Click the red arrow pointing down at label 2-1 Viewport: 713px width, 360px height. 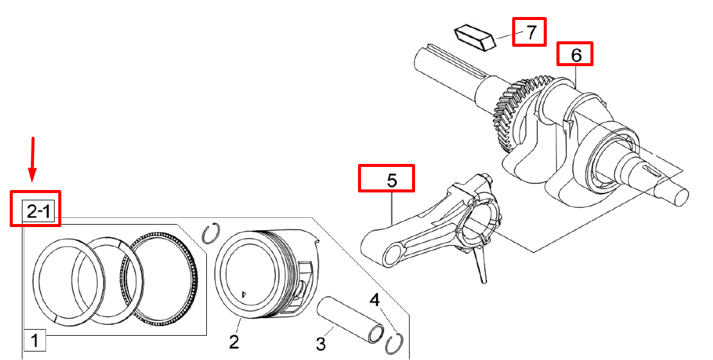pyautogui.click(x=32, y=159)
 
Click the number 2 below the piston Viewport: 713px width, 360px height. pyautogui.click(x=234, y=341)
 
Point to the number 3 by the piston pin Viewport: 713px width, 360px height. pyautogui.click(x=321, y=344)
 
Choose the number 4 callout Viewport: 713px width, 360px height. pyautogui.click(x=374, y=300)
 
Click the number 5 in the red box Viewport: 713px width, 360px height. pyautogui.click(x=392, y=180)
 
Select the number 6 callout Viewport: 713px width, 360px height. pyautogui.click(x=576, y=55)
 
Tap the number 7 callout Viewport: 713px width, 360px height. pyautogui.click(x=531, y=32)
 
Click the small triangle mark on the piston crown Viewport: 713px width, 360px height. pyautogui.click(x=243, y=294)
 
